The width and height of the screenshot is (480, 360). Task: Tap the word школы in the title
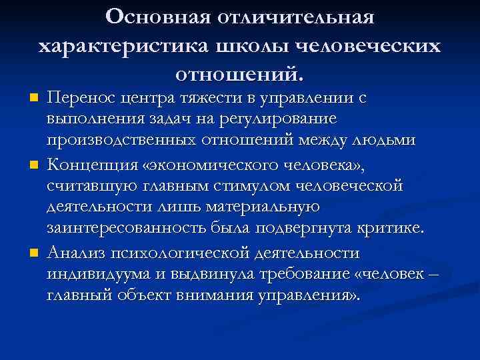(256, 45)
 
